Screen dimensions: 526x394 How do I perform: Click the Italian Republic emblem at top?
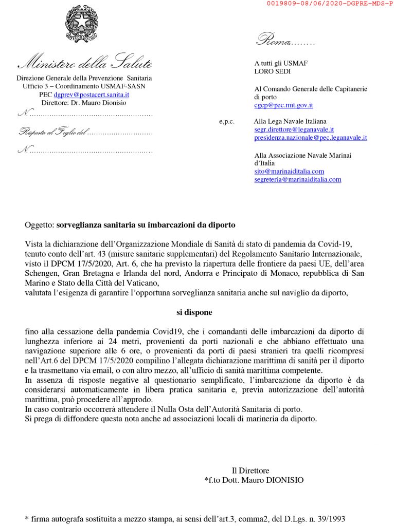click(x=82, y=24)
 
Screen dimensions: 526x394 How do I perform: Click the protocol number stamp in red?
click(x=329, y=4)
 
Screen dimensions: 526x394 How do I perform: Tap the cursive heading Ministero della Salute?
click(x=85, y=64)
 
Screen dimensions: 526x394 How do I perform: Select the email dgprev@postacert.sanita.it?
click(x=92, y=95)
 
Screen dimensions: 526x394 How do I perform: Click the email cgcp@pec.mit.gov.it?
click(x=283, y=105)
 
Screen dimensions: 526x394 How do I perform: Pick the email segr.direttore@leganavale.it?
click(x=294, y=129)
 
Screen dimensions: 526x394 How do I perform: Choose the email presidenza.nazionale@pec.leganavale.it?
click(x=310, y=138)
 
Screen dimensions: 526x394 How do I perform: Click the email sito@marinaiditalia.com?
click(x=289, y=171)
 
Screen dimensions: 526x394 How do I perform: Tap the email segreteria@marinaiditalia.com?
click(x=297, y=179)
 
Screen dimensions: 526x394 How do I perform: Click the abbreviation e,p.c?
click(x=226, y=122)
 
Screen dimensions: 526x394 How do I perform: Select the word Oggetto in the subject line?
click(x=39, y=225)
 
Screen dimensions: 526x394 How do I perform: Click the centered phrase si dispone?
click(x=191, y=312)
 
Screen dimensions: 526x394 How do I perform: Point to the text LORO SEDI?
click(x=272, y=71)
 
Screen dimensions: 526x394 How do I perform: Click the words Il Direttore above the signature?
click(x=250, y=470)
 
